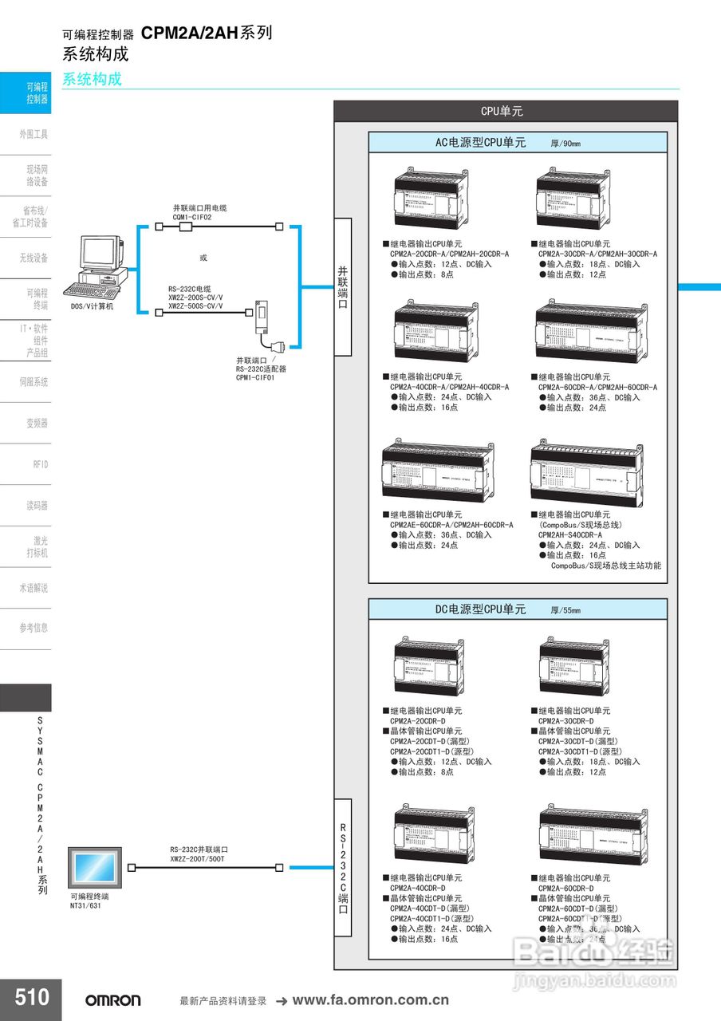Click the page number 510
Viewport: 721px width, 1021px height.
pos(31,997)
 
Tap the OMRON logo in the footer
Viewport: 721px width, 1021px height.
pos(113,1000)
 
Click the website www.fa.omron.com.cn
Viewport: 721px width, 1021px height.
pos(371,1000)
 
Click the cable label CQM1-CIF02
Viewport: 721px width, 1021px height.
pos(192,217)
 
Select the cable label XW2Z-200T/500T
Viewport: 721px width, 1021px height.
pos(197,858)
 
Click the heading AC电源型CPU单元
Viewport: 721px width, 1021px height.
pos(480,143)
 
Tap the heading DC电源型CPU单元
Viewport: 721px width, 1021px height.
pos(480,609)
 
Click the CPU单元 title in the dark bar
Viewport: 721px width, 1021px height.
pos(502,112)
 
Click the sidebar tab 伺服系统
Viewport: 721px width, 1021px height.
pos(33,382)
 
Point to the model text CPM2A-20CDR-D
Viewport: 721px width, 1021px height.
pos(417,721)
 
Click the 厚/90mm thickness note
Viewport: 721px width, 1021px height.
pos(565,144)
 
